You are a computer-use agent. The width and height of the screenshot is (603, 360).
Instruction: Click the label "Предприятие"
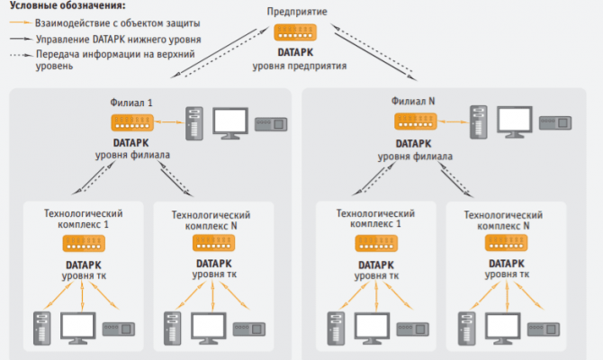pos(296,12)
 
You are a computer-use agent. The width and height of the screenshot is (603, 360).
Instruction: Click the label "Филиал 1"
pos(130,103)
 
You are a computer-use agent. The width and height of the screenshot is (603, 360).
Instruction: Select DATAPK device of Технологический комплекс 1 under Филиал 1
pos(83,244)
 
